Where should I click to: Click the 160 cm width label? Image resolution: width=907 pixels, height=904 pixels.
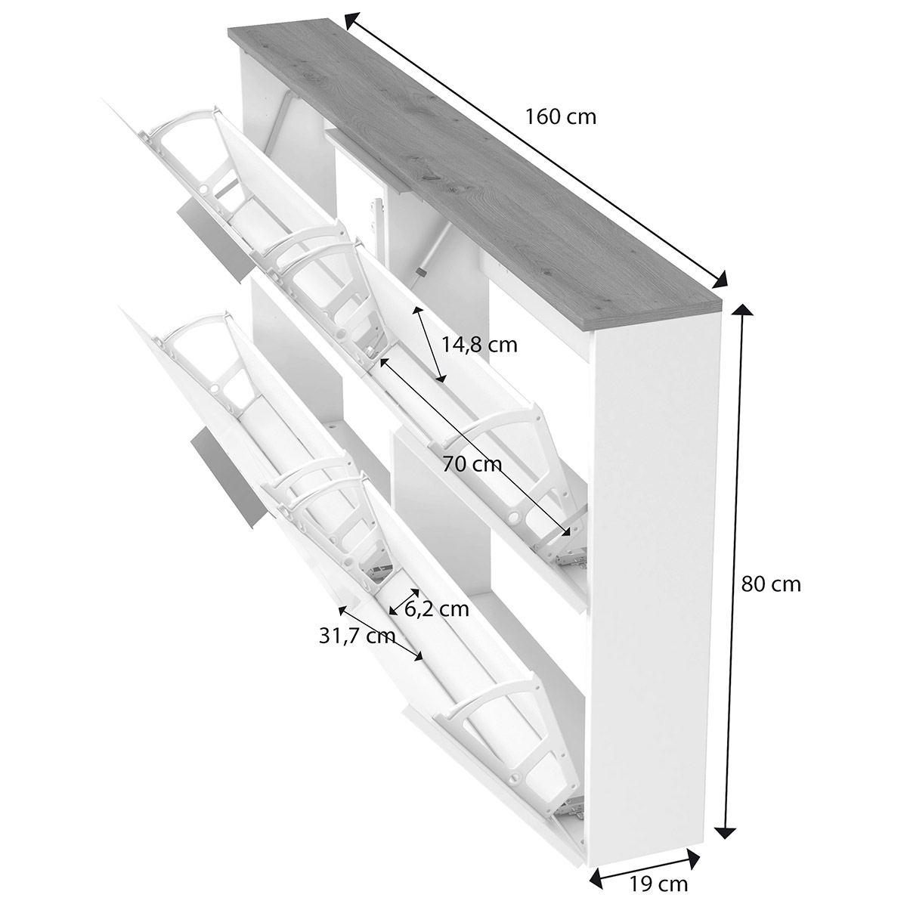[x=561, y=116]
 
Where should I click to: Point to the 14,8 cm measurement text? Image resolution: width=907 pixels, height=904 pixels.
[x=480, y=345]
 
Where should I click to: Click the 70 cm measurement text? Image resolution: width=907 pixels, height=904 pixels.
[x=472, y=464]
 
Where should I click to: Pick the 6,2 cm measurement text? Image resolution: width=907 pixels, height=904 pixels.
[x=437, y=609]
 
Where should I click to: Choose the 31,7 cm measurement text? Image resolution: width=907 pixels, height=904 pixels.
[x=357, y=636]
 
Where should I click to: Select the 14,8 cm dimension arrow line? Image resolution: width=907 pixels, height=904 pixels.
[x=429, y=345]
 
